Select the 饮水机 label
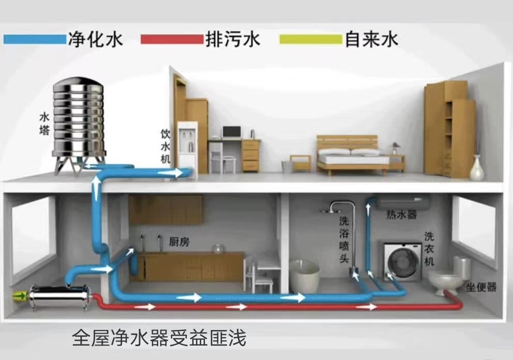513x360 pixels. point(165,147)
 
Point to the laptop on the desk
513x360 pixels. point(232,132)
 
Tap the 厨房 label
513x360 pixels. point(178,241)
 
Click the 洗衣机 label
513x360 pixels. point(429,249)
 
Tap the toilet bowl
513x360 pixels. point(445,281)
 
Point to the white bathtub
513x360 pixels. point(304,276)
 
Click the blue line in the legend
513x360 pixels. point(34,39)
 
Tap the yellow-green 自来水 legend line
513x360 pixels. point(310,39)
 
